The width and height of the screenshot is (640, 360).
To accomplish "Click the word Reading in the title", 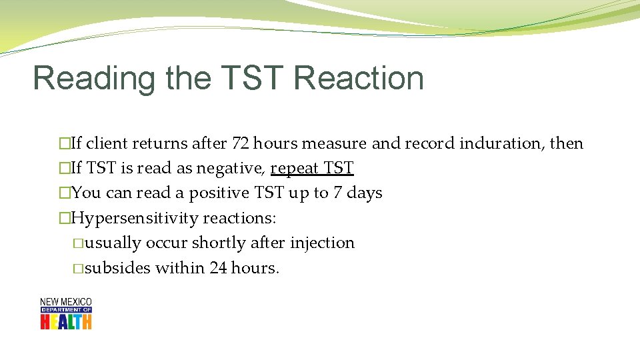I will click(94, 79).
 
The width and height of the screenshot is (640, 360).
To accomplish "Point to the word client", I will click(107, 143).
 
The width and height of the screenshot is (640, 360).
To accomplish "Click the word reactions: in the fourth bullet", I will click(239, 218).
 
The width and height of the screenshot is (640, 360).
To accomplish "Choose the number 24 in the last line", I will click(218, 268).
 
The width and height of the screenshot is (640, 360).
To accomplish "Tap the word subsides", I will click(118, 268).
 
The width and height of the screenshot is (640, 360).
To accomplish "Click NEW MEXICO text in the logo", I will click(66, 302).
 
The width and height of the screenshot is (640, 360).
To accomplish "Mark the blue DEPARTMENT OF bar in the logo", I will click(66, 309).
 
